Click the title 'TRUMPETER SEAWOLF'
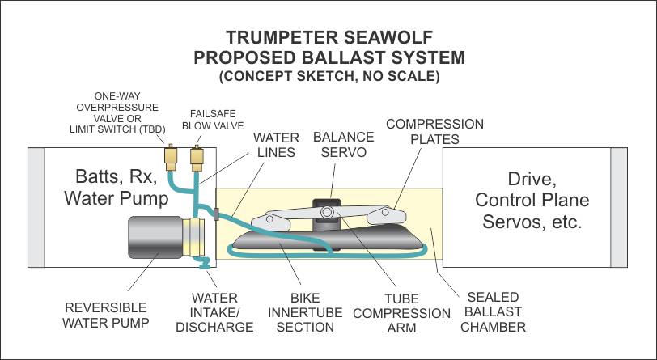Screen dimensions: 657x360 tap(329, 37)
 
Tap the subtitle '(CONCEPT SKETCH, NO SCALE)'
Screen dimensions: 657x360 tap(329, 76)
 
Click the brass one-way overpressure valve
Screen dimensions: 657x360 tap(171, 158)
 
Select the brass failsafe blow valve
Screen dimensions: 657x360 tap(197, 159)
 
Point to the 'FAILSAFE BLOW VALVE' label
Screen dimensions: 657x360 tap(213, 120)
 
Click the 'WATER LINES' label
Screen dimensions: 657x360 tap(276, 145)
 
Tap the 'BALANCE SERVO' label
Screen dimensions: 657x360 tap(344, 144)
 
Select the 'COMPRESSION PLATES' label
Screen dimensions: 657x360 tap(435, 131)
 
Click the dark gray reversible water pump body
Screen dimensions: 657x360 tap(155, 237)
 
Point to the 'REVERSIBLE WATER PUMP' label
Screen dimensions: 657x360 tap(105, 316)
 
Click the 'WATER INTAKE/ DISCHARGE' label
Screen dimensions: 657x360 tap(214, 312)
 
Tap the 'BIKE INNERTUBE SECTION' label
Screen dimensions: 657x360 tap(305, 312)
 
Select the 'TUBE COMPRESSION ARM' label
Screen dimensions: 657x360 tap(402, 313)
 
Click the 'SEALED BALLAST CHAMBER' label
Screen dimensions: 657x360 tap(493, 311)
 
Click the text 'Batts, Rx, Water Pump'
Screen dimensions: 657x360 tap(117, 187)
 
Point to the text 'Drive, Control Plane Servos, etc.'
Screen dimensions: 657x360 tap(532, 200)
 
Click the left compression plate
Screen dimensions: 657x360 tap(271, 222)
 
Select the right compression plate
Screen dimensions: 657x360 tap(386, 215)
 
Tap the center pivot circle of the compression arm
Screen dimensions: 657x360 tap(327, 212)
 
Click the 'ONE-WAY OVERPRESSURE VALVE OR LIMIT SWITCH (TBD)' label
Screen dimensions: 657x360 tap(117, 112)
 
